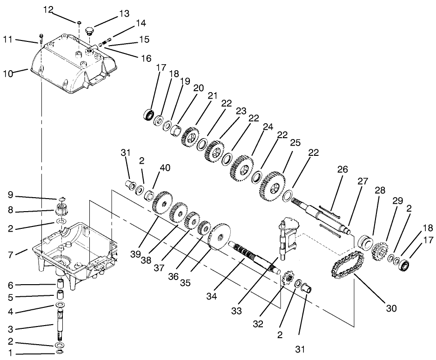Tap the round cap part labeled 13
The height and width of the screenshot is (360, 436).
point(90,31)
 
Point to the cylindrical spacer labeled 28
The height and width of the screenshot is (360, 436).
point(366,243)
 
